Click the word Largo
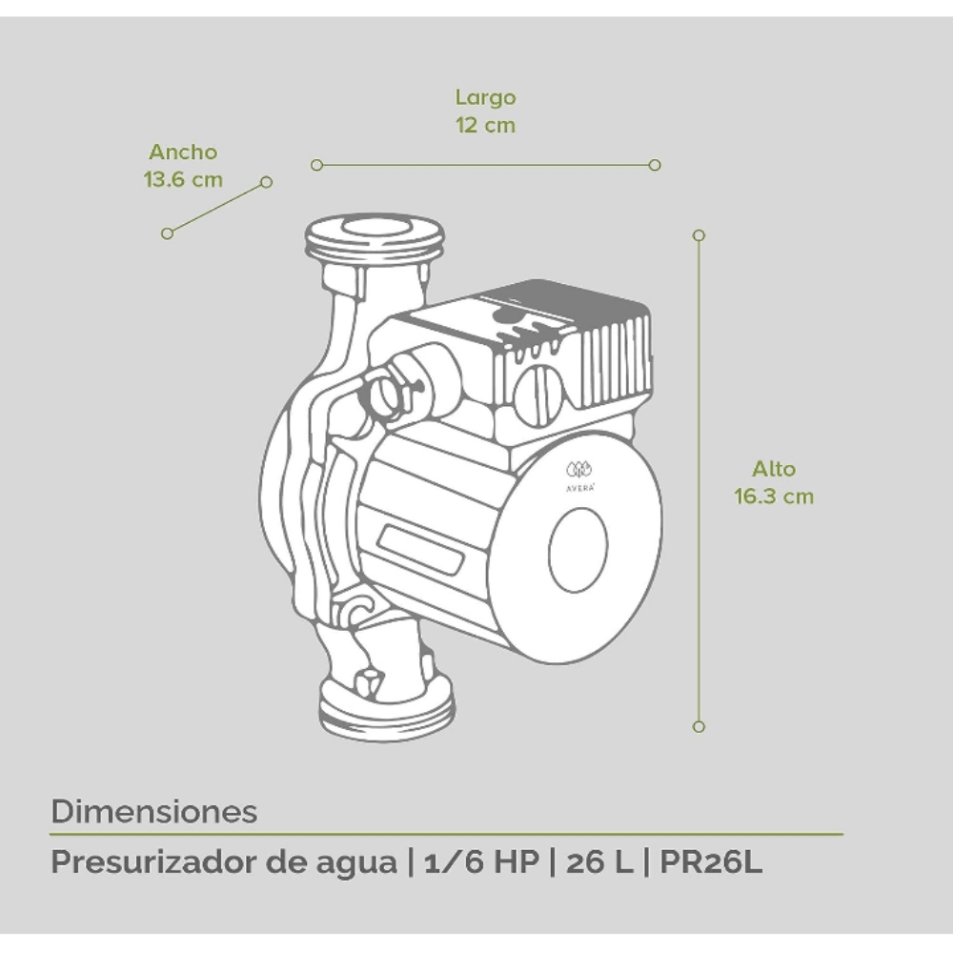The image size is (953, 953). coord(485,97)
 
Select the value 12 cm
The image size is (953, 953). coord(485,125)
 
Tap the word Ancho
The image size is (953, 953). coord(183,152)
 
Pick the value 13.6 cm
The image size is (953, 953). coord(183,179)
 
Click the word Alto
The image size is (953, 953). coord(773,469)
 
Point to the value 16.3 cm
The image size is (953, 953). coord(773,497)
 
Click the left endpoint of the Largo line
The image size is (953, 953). coord(316,165)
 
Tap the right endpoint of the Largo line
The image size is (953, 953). coord(655,165)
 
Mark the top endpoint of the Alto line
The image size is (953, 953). coord(699,234)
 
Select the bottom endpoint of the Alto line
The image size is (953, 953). coord(699,726)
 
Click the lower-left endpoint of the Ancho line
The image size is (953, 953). coord(168,233)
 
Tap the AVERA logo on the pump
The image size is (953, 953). coord(578,474)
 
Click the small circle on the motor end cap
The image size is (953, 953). coord(578,549)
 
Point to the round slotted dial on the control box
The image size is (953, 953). coord(539,394)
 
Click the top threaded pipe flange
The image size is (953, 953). coord(375,238)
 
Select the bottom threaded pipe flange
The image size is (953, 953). coord(386,710)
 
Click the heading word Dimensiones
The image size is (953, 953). coord(153,812)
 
